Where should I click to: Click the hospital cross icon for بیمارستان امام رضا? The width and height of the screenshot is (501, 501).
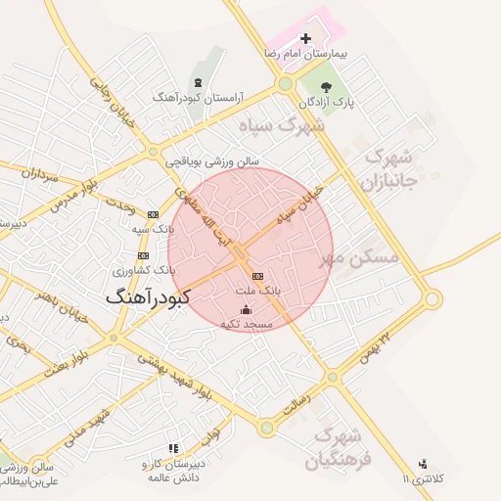(306, 38)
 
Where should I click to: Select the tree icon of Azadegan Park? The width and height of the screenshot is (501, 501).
(339, 86)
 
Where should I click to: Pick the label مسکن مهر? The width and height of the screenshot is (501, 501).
(360, 257)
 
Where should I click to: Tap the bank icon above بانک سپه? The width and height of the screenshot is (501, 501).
(153, 213)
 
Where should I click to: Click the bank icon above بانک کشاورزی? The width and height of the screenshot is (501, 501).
(143, 255)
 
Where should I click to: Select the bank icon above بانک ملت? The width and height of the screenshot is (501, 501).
(258, 276)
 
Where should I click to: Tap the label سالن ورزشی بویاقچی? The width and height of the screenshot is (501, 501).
(210, 159)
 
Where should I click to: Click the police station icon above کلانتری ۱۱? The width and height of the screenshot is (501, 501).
(423, 464)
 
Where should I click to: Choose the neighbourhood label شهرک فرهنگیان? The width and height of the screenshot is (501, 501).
(339, 446)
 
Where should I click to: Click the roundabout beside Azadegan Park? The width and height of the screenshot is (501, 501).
(285, 84)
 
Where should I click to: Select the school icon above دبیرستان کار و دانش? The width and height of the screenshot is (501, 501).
(174, 448)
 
